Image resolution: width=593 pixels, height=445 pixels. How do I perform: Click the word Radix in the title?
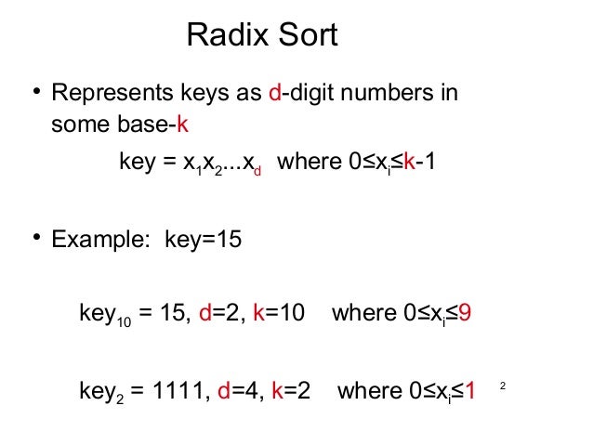[x=227, y=36]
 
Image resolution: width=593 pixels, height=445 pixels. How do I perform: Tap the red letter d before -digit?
[x=274, y=95]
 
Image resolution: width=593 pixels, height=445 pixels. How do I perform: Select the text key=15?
[x=203, y=240]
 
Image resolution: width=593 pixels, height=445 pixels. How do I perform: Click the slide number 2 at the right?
[x=503, y=385]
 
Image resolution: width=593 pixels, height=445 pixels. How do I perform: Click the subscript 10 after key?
[x=124, y=321]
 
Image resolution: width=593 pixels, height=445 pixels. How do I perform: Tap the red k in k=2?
[x=276, y=392]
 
